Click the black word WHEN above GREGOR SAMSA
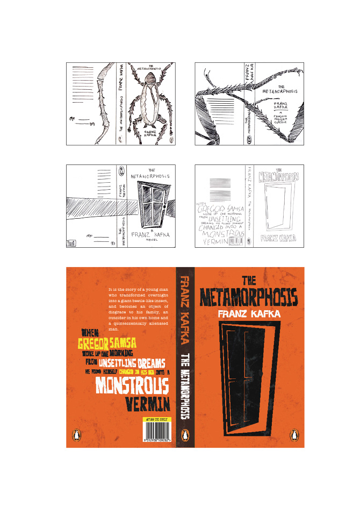click(89, 333)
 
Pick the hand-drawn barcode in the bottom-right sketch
click(235, 242)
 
